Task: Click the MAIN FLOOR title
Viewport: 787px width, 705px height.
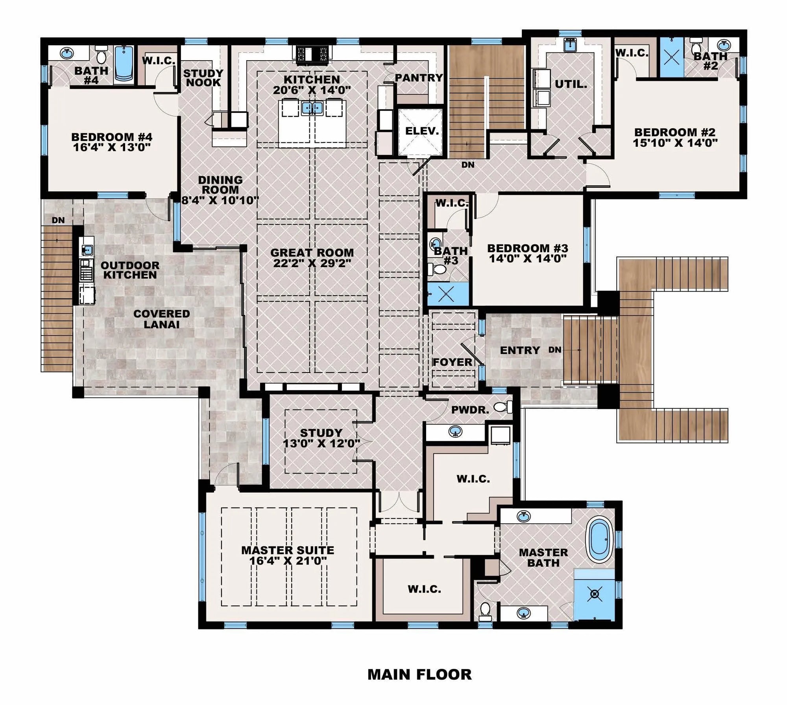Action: [419, 674]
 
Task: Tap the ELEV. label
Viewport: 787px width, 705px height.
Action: [422, 131]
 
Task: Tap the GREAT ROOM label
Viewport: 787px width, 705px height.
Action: [312, 253]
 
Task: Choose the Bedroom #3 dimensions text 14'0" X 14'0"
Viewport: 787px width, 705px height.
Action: [527, 258]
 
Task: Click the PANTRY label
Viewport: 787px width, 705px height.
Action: [419, 78]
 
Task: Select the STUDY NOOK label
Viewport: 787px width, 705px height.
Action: [203, 78]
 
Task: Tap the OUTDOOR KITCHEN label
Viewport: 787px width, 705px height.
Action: [130, 270]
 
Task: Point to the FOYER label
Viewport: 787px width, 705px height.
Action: [452, 362]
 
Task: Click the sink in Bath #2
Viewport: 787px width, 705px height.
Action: [723, 44]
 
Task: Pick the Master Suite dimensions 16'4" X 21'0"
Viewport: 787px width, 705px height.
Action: [288, 560]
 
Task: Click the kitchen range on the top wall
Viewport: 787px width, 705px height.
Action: [312, 54]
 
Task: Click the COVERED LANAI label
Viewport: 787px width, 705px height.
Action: [162, 319]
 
